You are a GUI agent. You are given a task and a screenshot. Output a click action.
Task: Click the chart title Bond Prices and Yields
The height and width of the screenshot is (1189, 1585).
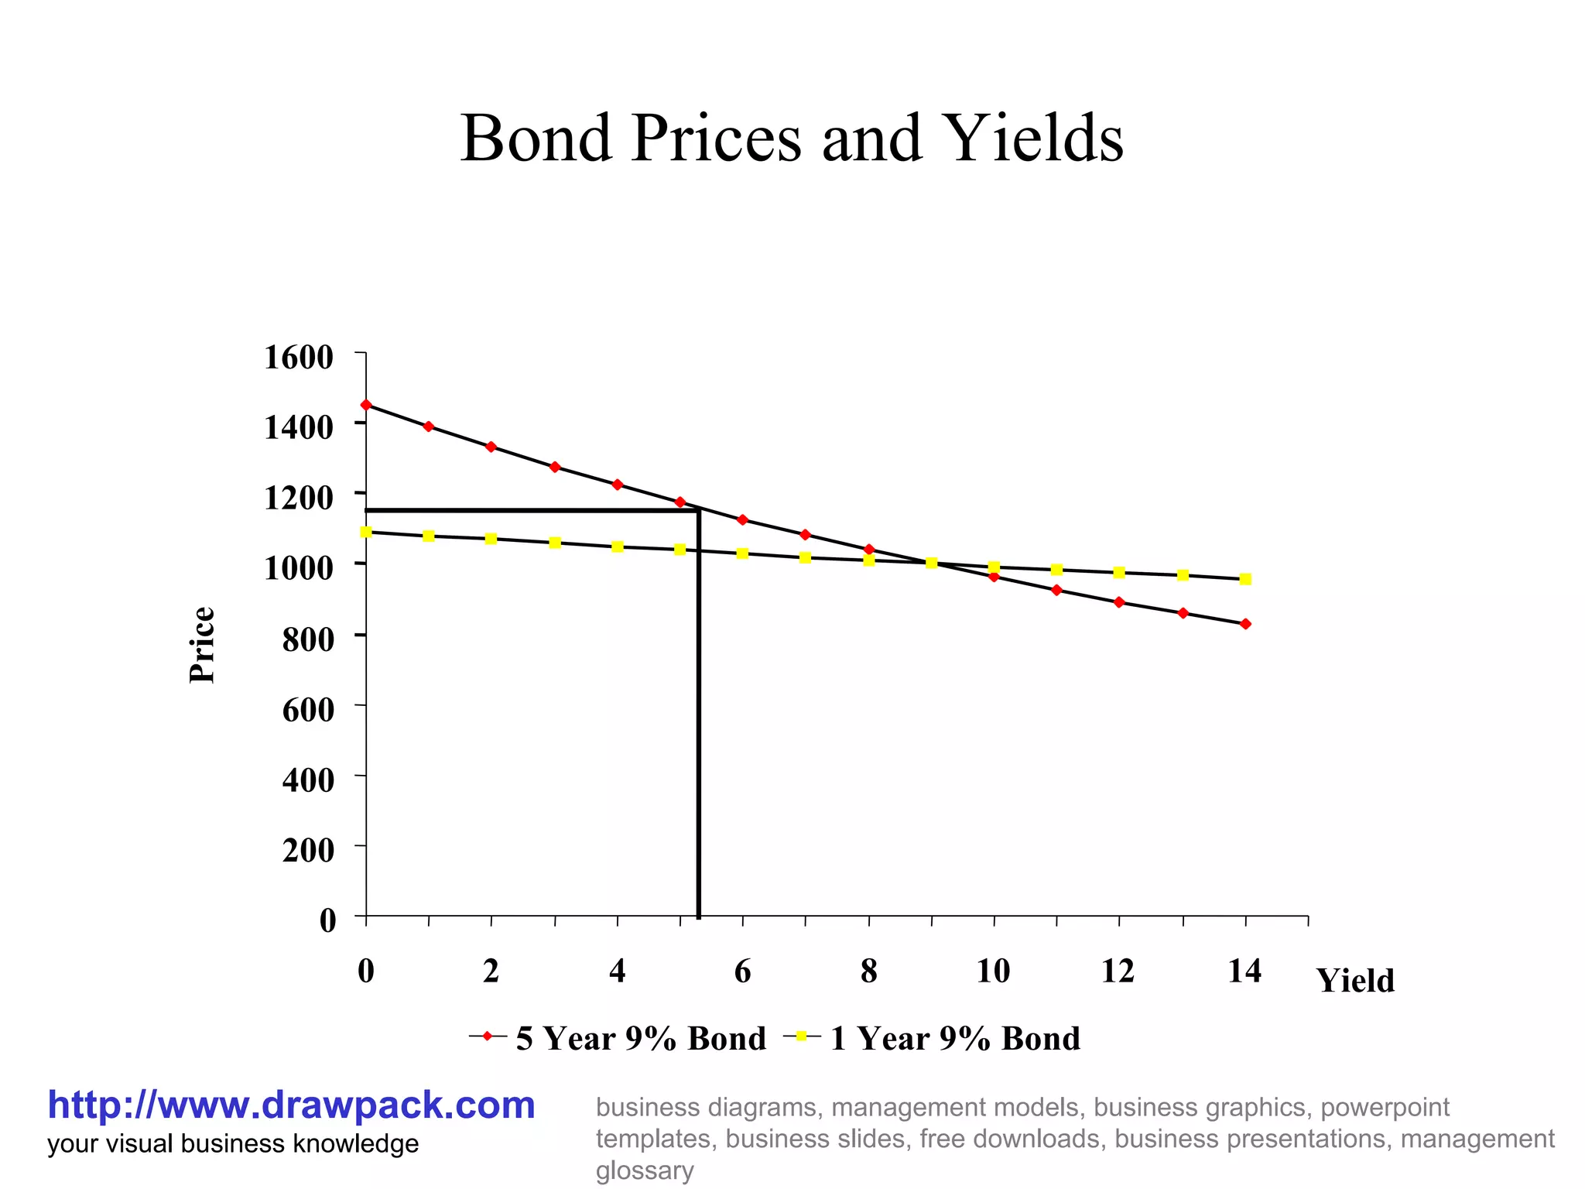(x=792, y=139)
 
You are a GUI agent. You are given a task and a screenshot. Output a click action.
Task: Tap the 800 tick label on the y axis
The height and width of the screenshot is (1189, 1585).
(x=308, y=639)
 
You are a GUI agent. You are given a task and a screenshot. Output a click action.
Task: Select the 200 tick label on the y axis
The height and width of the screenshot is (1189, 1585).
(x=308, y=850)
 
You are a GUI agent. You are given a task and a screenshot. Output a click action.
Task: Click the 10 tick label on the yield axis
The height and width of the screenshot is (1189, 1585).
(x=993, y=971)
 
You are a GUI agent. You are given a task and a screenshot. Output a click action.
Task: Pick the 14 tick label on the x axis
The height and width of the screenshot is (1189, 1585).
(x=1244, y=971)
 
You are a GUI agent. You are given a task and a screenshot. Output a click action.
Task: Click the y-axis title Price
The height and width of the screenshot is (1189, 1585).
(x=202, y=645)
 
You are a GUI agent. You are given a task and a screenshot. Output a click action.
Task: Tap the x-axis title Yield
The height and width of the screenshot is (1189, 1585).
(x=1356, y=981)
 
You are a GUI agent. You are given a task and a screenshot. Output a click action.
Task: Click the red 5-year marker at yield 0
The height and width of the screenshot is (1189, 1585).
(x=366, y=405)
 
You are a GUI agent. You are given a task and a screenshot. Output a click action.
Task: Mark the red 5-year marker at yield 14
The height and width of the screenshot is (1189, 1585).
(x=1245, y=624)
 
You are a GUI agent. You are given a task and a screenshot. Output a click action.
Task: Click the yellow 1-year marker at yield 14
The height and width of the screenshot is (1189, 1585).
(x=1245, y=579)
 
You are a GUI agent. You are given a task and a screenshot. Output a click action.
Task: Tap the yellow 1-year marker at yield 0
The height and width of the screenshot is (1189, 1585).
(x=366, y=532)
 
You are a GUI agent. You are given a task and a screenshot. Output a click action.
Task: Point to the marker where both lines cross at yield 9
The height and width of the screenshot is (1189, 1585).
(x=931, y=563)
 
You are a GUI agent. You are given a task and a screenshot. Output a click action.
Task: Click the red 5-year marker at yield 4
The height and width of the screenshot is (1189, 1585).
(x=617, y=485)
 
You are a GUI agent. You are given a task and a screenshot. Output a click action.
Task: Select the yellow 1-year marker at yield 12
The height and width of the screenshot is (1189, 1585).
(x=1119, y=573)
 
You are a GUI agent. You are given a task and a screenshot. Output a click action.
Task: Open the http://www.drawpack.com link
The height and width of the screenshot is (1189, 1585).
(x=291, y=1105)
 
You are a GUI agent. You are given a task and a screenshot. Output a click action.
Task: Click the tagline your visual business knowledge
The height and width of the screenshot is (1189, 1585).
(x=233, y=1143)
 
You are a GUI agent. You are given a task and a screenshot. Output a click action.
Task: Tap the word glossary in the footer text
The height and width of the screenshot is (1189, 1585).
(x=644, y=1170)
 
